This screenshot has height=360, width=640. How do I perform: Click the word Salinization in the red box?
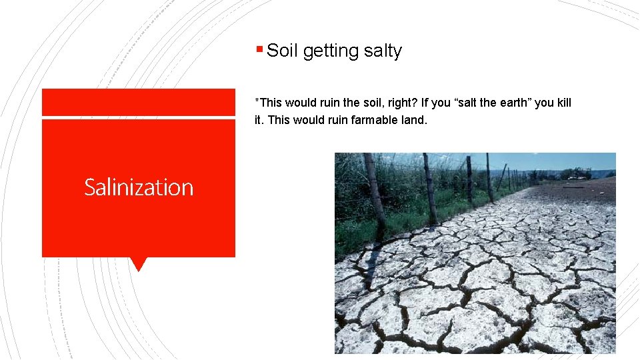[x=139, y=187]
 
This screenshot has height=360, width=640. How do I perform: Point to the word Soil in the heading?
[x=282, y=51]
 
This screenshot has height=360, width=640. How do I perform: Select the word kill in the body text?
[x=563, y=103]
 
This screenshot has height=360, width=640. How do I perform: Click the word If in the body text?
[x=435, y=103]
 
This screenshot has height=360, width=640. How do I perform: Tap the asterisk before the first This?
[x=257, y=101]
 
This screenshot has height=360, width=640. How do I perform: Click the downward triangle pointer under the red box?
[x=139, y=264]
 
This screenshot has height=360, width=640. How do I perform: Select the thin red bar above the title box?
[x=139, y=102]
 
